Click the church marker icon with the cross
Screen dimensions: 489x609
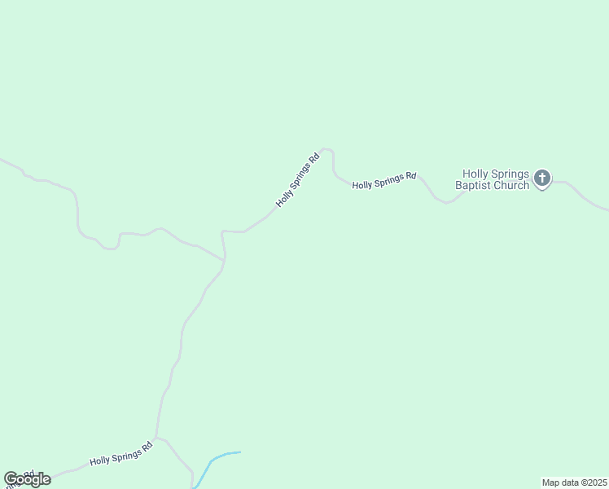pyautogui.click(x=542, y=178)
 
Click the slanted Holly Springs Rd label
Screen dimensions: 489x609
pyautogui.click(x=297, y=178)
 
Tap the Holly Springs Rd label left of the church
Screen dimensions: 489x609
pyautogui.click(x=384, y=180)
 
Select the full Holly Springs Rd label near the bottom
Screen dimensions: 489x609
pyautogui.click(x=121, y=453)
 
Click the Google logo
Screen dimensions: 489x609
pyautogui.click(x=27, y=479)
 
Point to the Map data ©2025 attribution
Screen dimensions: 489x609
pyautogui.click(x=574, y=482)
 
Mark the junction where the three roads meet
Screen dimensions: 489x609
pyautogui.click(x=223, y=260)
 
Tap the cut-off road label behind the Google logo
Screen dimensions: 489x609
pyautogui.click(x=24, y=474)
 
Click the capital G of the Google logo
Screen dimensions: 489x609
pyautogui.click(x=11, y=479)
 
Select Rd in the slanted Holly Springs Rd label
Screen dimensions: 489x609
pyautogui.click(x=313, y=156)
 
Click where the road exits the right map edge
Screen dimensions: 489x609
pyautogui.click(x=607, y=209)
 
